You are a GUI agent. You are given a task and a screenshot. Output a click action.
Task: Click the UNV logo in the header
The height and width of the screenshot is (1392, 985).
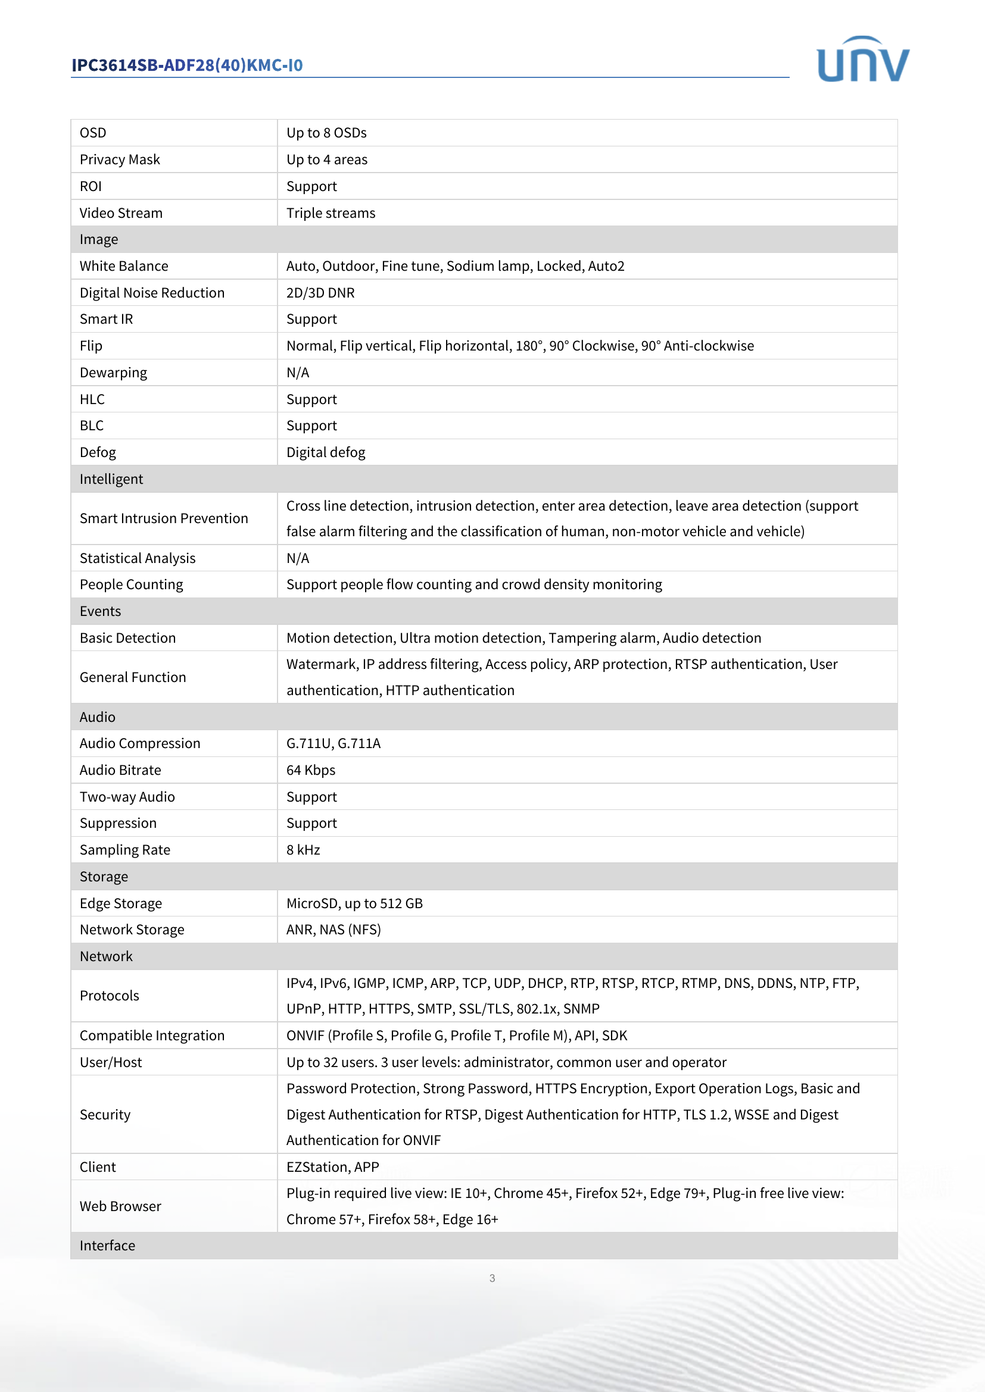[862, 60]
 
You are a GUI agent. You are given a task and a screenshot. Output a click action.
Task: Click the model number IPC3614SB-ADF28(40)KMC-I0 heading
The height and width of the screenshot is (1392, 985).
[187, 65]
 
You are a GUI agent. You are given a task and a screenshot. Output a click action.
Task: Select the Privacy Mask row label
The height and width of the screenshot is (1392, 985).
[120, 159]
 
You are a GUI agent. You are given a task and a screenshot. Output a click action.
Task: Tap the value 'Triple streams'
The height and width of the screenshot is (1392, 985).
[331, 213]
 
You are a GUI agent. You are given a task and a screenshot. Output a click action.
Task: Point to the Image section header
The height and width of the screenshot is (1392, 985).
[99, 239]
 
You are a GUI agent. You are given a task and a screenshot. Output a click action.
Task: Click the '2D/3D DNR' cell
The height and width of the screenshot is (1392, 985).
[320, 293]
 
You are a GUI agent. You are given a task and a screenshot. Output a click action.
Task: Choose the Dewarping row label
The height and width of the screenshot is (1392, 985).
[113, 372]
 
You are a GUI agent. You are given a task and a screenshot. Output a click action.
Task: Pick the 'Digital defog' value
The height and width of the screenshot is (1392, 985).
[326, 452]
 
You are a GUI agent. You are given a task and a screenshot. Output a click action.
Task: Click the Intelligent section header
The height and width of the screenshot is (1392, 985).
[111, 479]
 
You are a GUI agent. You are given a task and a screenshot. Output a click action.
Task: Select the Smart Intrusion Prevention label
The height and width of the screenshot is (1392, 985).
[164, 518]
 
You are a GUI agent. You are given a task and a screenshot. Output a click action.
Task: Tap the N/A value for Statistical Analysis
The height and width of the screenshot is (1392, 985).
[298, 558]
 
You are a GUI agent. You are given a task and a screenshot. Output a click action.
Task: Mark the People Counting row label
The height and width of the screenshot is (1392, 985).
[131, 584]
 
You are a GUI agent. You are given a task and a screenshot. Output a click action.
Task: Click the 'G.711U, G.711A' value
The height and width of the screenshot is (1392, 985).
[333, 743]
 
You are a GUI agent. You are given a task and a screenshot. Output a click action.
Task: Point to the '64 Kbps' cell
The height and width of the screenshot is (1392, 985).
[310, 770]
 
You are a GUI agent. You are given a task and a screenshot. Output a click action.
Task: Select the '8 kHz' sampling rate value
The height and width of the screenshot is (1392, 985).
[303, 850]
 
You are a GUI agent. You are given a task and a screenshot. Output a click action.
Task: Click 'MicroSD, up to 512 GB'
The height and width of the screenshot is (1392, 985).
[354, 903]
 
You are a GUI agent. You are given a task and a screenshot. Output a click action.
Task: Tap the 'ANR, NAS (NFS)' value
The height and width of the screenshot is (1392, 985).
[333, 930]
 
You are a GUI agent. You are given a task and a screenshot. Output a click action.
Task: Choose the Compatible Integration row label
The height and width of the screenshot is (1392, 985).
[152, 1036]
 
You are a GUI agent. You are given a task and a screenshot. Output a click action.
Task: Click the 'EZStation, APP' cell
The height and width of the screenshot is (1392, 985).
[332, 1167]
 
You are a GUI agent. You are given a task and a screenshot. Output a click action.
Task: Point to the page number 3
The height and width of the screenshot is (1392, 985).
[492, 1278]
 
